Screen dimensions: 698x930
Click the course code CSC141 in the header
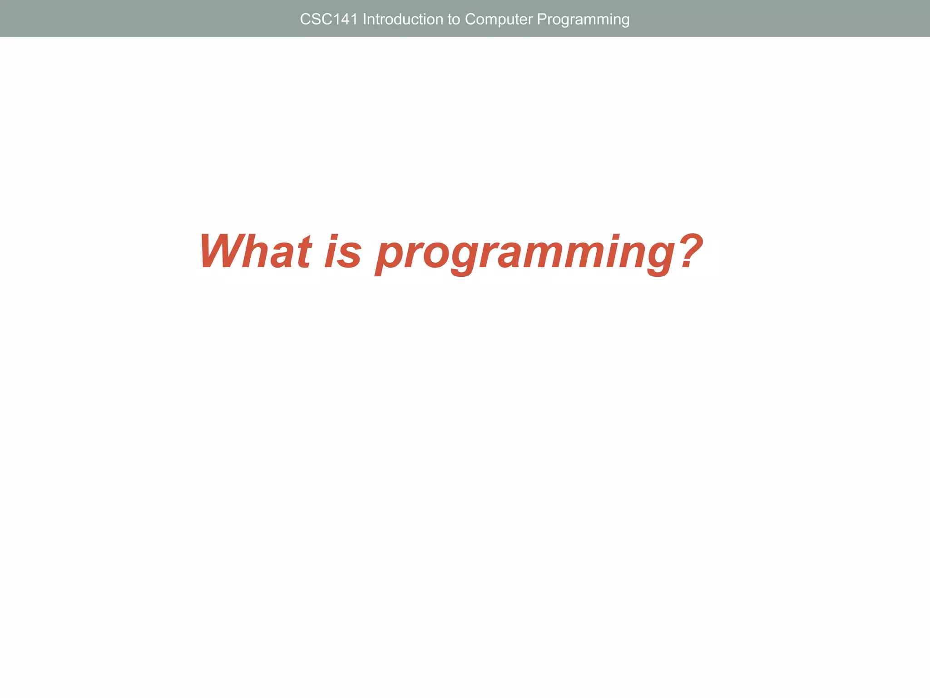329,20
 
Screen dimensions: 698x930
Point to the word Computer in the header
499,20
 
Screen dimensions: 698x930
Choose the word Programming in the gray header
583,20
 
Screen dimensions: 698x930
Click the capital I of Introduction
365,20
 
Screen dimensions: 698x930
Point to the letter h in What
257,251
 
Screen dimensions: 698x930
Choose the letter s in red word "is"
350,256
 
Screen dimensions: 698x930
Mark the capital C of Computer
470,20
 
